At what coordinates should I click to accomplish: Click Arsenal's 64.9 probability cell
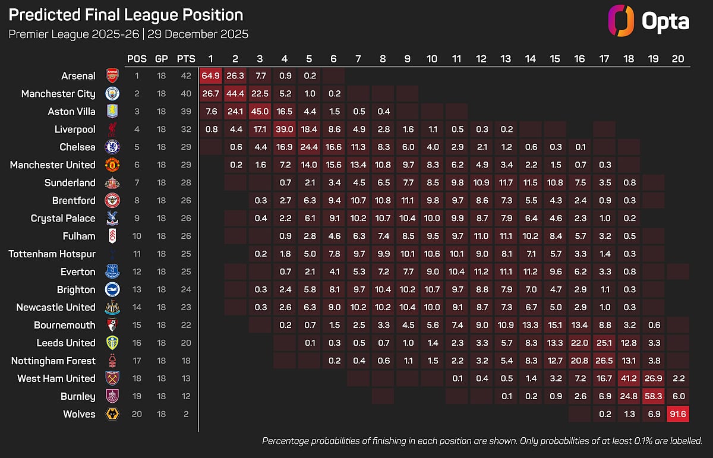pyautogui.click(x=210, y=75)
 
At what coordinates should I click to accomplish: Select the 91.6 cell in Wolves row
pyautogui.click(x=678, y=414)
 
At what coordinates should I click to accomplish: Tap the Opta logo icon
pyautogui.click(x=619, y=21)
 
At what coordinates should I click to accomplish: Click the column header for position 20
pyautogui.click(x=678, y=59)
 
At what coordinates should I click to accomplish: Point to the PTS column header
pyautogui.click(x=185, y=59)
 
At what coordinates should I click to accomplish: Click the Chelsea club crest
pyautogui.click(x=112, y=147)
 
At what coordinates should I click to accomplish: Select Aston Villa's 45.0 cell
pyautogui.click(x=260, y=111)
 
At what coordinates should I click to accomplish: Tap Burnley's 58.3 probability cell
pyautogui.click(x=653, y=396)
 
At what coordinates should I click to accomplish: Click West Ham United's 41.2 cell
pyautogui.click(x=629, y=378)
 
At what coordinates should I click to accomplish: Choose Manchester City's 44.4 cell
pyautogui.click(x=235, y=93)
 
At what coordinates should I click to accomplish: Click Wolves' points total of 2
pyautogui.click(x=185, y=414)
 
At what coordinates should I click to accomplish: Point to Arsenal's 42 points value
pyautogui.click(x=185, y=75)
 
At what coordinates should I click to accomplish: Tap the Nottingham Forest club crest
pyautogui.click(x=112, y=361)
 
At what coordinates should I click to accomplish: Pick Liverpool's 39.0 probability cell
pyautogui.click(x=285, y=129)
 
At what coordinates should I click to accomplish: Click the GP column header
pyautogui.click(x=161, y=59)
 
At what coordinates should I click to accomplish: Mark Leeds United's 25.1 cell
pyautogui.click(x=604, y=343)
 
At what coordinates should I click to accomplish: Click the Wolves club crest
pyautogui.click(x=112, y=414)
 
